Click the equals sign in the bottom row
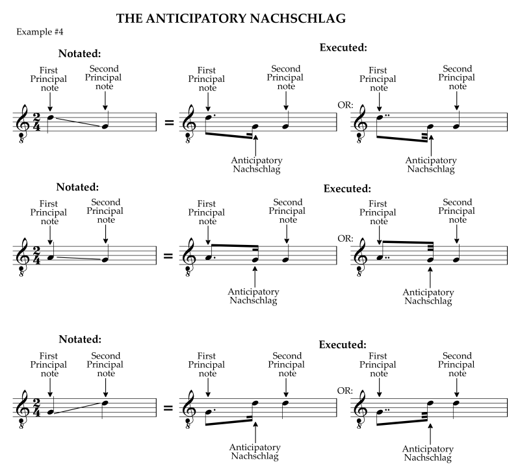pyautogui.click(x=168, y=409)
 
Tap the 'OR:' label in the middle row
pyautogui.click(x=344, y=238)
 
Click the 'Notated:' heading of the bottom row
pyautogui.click(x=80, y=339)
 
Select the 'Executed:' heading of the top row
pyautogui.click(x=344, y=47)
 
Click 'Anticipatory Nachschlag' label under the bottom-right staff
pyautogui.click(x=428, y=454)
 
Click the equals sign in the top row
pyautogui.click(x=168, y=122)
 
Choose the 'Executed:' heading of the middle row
pyautogui.click(x=346, y=189)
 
